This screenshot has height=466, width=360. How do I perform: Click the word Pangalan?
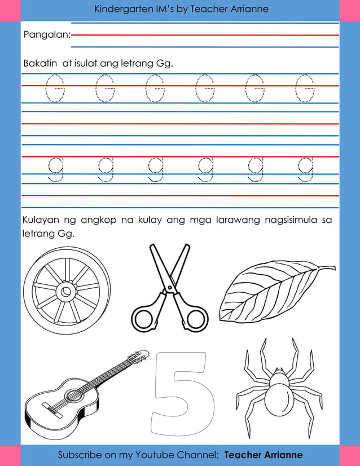click(x=46, y=35)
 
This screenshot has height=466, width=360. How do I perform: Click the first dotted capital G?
click(x=55, y=89)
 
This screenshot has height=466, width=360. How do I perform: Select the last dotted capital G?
click(x=305, y=89)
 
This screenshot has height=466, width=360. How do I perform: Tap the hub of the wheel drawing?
click(x=67, y=292)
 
